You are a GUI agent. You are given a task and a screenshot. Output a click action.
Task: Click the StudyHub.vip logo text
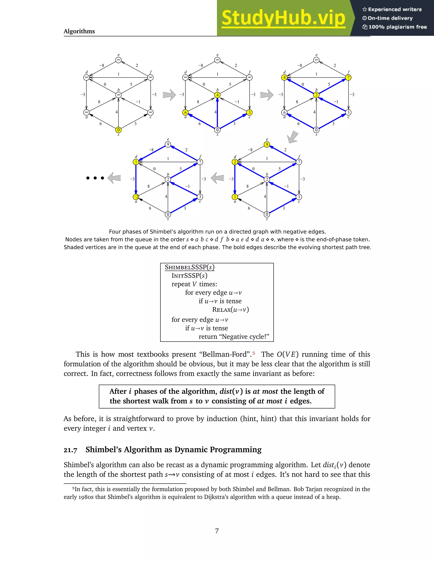283,18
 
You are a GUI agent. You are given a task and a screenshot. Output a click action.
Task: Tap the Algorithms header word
79,31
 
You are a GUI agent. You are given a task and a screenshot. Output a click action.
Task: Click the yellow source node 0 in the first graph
118,130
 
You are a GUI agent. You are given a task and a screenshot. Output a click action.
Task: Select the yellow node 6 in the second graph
185,112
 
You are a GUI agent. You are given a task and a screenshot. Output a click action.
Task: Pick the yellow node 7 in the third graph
348,77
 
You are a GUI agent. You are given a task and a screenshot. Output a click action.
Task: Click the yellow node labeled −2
136,197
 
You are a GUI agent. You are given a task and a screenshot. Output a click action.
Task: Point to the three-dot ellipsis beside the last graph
95,178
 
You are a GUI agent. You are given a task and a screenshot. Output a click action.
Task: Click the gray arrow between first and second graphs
169,95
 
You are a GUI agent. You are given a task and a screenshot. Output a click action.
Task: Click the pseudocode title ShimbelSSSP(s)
189,267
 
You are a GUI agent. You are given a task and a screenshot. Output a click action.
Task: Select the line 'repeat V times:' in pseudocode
194,284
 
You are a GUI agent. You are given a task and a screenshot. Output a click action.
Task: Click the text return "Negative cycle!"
234,337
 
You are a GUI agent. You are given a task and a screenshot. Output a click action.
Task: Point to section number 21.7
70,450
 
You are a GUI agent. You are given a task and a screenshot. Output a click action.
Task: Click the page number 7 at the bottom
217,531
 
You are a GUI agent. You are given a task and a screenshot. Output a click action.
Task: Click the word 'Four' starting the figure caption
115,232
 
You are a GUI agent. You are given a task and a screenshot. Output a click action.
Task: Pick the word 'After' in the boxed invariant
118,391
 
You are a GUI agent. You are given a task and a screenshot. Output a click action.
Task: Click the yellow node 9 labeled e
267,144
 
